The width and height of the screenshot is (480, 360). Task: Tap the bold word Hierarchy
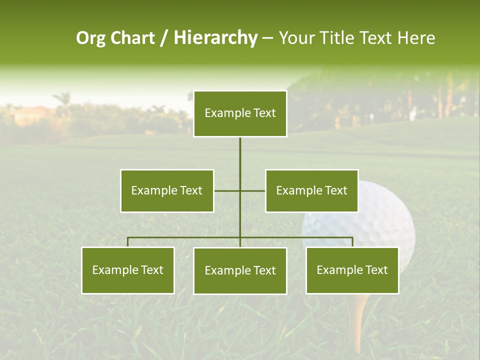[x=215, y=38]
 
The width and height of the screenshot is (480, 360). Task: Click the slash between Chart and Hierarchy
[x=164, y=38]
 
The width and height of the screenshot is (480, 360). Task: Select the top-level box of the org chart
[x=240, y=113]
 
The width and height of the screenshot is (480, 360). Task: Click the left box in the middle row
[x=167, y=190]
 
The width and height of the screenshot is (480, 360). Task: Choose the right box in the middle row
[x=311, y=190]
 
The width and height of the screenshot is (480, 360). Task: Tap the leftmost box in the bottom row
[x=128, y=270]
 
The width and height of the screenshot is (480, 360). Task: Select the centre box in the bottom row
[x=240, y=270]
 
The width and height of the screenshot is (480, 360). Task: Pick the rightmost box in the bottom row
[x=352, y=270]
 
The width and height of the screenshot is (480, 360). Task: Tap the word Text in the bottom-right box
[x=376, y=270]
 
